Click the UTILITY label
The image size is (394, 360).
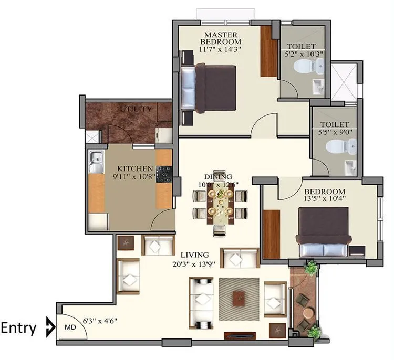click(x=136, y=109)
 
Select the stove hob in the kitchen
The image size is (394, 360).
click(x=164, y=173)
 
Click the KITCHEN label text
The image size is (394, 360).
click(x=135, y=168)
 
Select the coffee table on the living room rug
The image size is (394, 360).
click(x=240, y=297)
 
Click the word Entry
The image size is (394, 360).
click(x=19, y=329)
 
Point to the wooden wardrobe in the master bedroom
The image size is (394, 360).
click(x=268, y=51)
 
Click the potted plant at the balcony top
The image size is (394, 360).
click(x=312, y=268)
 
